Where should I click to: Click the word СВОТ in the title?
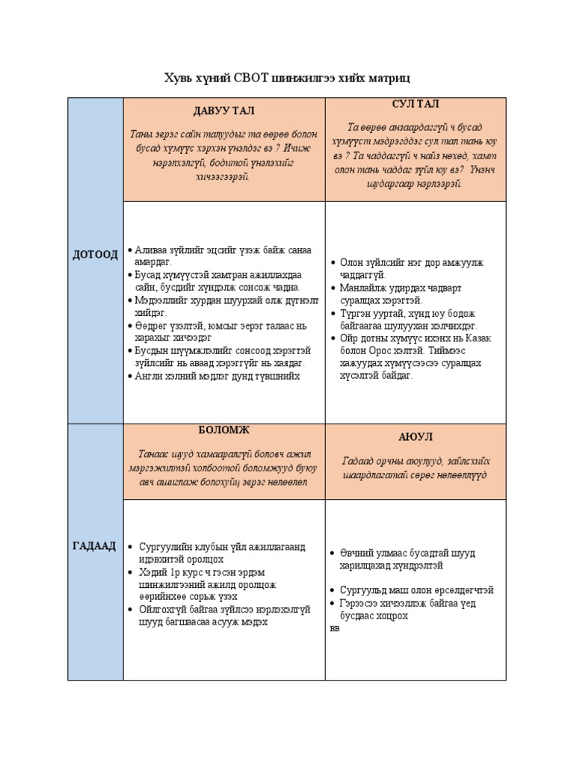click(248, 78)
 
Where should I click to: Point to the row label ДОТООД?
click(95, 255)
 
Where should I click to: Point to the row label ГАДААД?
click(95, 546)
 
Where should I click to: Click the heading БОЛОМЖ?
click(223, 430)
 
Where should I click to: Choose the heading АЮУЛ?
click(415, 436)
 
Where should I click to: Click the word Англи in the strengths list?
click(149, 376)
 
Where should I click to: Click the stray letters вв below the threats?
click(334, 628)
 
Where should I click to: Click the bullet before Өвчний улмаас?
click(333, 554)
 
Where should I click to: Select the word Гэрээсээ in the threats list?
click(363, 603)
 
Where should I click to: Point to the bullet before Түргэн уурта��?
click(333, 313)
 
